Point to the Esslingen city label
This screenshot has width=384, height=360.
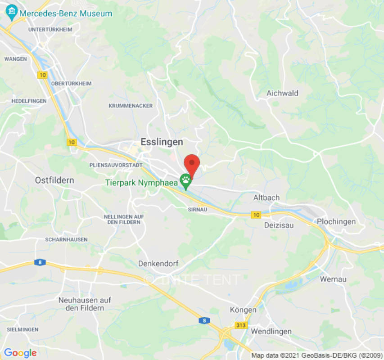click(x=162, y=142)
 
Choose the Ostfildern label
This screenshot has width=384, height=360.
click(x=54, y=180)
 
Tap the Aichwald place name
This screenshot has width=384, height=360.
click(x=282, y=93)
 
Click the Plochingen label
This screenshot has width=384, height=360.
click(x=336, y=221)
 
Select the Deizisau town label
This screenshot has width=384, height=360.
click(x=279, y=225)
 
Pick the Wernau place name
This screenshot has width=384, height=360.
click(x=333, y=279)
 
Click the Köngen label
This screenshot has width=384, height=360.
click(x=243, y=310)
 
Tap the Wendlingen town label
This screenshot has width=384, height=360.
click(x=271, y=332)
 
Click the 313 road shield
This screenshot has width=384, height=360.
click(x=240, y=324)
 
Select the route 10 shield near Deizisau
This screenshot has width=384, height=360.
click(x=256, y=215)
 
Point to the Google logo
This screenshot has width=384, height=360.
click(x=20, y=353)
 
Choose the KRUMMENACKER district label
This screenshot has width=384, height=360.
click(x=131, y=106)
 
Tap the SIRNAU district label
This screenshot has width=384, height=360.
click(x=197, y=209)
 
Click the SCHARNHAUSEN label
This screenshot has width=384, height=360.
click(x=66, y=240)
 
